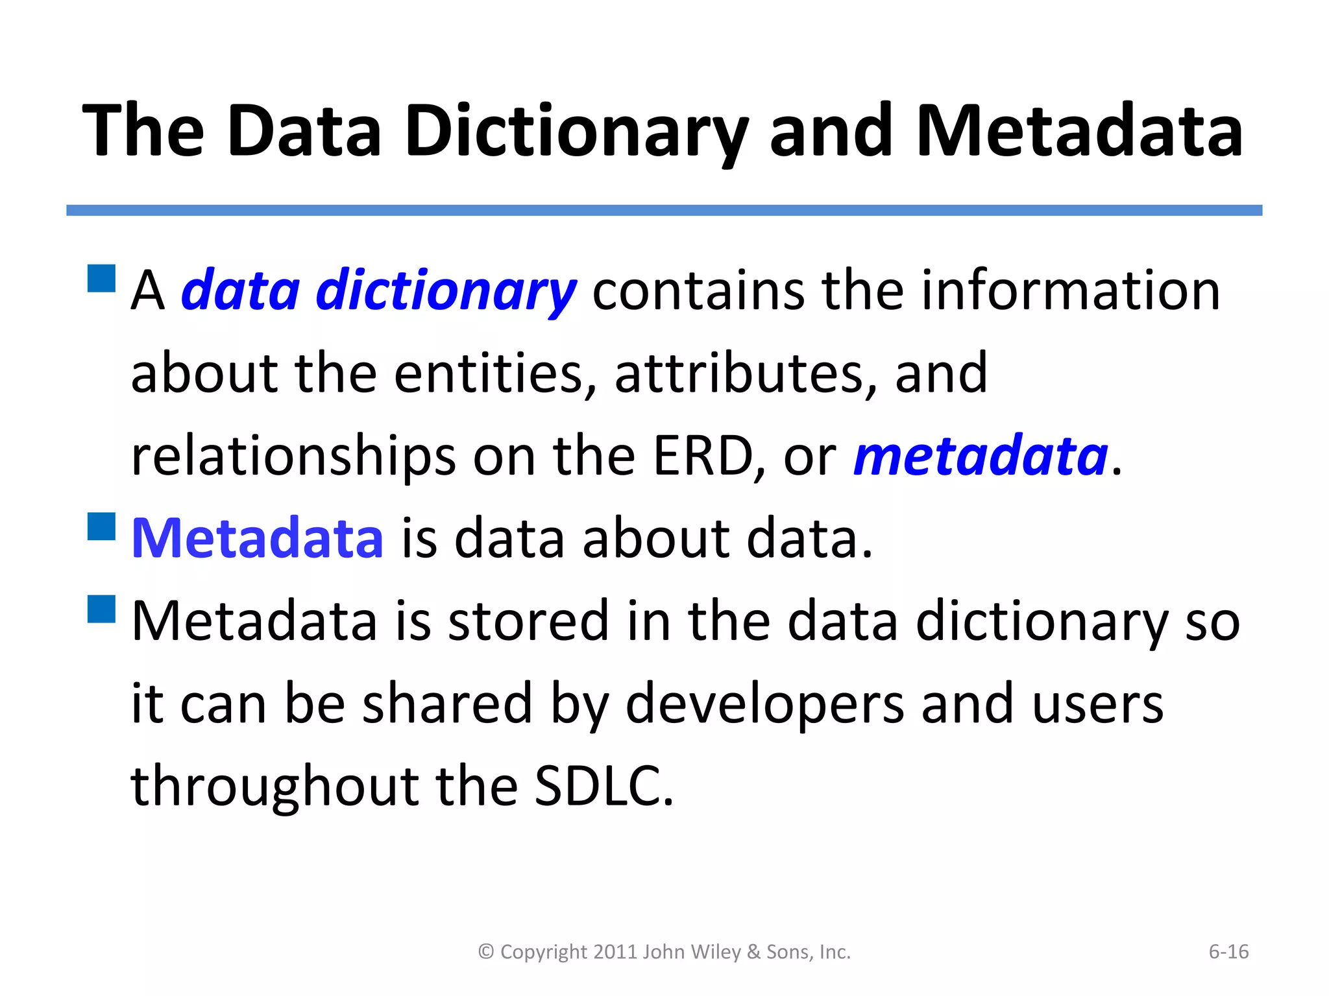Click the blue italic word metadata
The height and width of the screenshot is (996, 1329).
pyautogui.click(x=981, y=456)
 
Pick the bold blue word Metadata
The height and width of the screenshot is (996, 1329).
pyautogui.click(x=258, y=538)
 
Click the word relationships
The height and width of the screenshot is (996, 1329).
pyautogui.click(x=293, y=456)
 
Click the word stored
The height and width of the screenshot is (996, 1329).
pyautogui.click(x=528, y=621)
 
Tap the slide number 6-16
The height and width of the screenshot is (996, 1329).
pyautogui.click(x=1228, y=952)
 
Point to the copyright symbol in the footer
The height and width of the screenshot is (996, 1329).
pyautogui.click(x=486, y=952)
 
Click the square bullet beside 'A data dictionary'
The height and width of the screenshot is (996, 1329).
pyautogui.click(x=101, y=278)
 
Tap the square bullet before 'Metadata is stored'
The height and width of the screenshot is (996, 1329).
pyautogui.click(x=101, y=609)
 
